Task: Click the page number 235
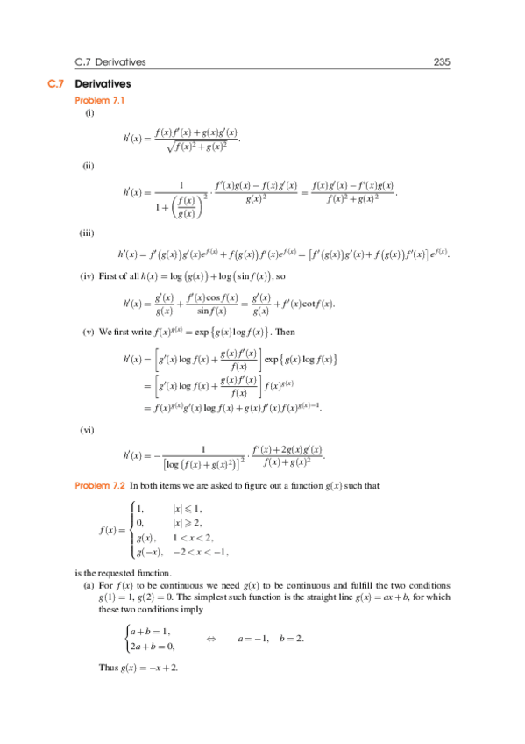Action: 441,61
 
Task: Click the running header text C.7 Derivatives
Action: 111,61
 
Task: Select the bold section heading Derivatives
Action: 103,84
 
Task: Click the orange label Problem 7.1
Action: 101,101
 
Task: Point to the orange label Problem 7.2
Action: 101,485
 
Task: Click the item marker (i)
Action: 89,114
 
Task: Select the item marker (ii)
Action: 89,166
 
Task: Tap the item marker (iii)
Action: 90,232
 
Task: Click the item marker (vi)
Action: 89,431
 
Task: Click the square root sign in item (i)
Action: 170,147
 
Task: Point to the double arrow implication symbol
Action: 211,639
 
